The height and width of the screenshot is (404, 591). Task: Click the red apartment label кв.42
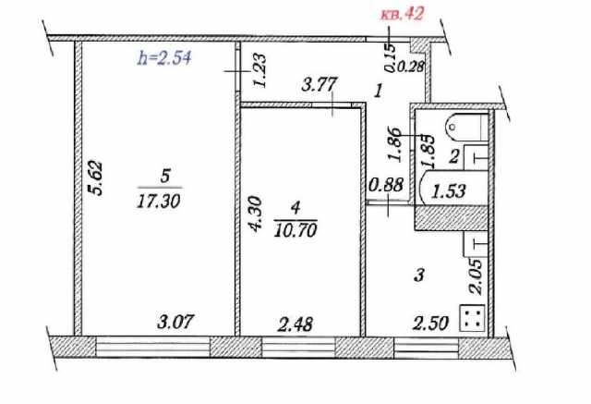click(x=403, y=14)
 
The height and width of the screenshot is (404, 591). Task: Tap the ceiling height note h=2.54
click(x=164, y=58)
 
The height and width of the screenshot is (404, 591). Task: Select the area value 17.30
click(x=159, y=202)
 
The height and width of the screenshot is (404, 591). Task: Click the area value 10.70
click(x=295, y=230)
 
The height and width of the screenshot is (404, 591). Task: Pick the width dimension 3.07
click(x=175, y=322)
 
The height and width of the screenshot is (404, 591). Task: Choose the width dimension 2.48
click(x=295, y=324)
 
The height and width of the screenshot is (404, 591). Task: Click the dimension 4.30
click(x=254, y=214)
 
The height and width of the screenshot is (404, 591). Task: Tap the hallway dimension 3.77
click(x=319, y=84)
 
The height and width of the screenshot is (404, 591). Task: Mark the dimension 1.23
click(x=259, y=70)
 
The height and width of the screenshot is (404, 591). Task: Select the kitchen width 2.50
click(x=431, y=324)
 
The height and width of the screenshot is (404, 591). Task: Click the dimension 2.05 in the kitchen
click(x=475, y=276)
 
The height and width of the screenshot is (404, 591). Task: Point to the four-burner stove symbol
click(x=472, y=318)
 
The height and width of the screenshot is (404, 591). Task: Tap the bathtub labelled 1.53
click(x=453, y=188)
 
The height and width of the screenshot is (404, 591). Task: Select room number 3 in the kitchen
click(x=419, y=275)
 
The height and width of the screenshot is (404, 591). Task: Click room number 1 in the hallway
click(x=379, y=91)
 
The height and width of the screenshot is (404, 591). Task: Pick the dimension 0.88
click(x=387, y=185)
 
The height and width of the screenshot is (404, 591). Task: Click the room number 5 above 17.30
click(x=165, y=177)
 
